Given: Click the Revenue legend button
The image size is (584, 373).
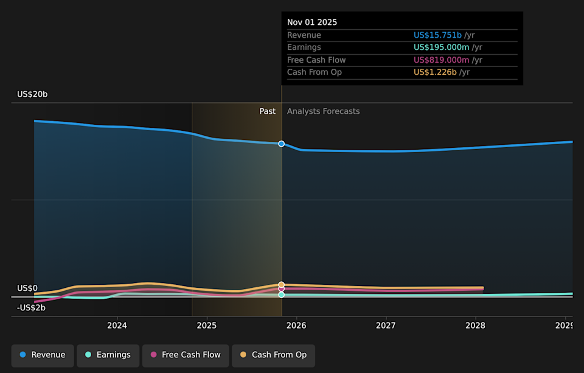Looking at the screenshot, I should [x=43, y=355].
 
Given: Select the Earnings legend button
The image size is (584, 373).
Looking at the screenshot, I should [x=108, y=355].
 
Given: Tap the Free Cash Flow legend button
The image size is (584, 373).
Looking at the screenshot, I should [x=186, y=355].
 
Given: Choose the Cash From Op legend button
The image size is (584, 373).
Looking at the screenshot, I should [x=273, y=355].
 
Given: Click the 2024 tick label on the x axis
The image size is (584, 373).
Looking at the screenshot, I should [x=117, y=326].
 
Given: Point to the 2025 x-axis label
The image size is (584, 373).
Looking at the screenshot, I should [x=207, y=326].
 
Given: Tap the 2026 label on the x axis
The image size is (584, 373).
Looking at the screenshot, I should [x=296, y=326].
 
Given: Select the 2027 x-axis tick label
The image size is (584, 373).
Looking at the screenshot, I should [x=386, y=326].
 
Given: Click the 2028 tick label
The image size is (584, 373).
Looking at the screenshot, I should [x=475, y=326].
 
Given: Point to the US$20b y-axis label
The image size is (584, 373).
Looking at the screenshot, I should [x=32, y=94].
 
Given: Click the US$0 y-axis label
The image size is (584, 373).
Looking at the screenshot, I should [x=27, y=288].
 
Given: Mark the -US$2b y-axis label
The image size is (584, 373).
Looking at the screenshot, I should [x=31, y=308].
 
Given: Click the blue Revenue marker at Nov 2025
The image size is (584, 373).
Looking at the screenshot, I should [x=281, y=144].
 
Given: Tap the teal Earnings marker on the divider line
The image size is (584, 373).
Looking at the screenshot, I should [x=281, y=295].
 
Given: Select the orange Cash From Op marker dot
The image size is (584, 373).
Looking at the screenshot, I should [x=281, y=285].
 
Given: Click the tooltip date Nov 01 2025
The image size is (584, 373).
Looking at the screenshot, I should [x=312, y=23].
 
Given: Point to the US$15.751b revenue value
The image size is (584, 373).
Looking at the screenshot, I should [x=437, y=35].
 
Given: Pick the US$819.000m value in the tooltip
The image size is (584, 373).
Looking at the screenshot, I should [x=441, y=60].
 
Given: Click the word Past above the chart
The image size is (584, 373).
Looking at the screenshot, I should [x=267, y=111].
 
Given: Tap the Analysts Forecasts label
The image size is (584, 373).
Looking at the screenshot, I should [x=323, y=111].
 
